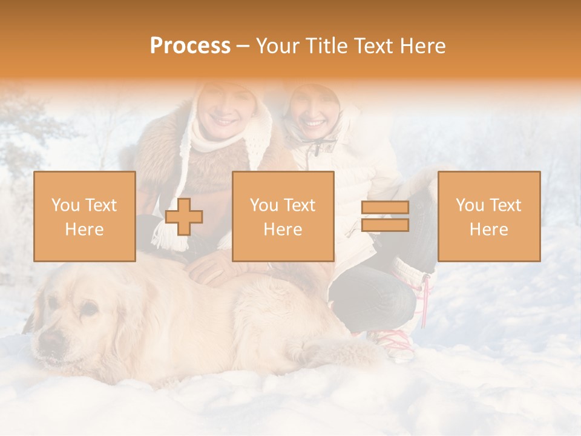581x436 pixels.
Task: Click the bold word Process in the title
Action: point(190,46)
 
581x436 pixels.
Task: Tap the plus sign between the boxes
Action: point(184,217)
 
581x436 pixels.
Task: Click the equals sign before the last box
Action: point(385,216)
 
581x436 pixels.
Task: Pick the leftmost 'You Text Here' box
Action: point(85,216)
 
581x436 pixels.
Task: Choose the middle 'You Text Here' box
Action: point(283,216)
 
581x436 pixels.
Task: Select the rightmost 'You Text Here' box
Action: point(488,216)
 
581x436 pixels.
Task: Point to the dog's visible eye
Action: point(88,309)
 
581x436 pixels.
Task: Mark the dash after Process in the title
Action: point(243,46)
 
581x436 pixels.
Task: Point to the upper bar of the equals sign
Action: point(385,208)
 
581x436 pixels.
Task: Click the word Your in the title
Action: point(277,46)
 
